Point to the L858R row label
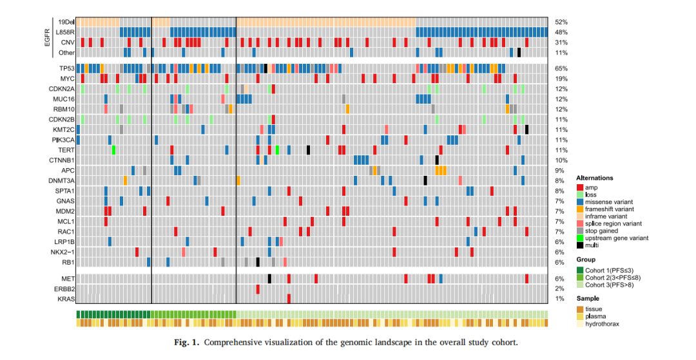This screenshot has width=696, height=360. coord(65,32)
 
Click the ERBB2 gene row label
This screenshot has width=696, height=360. coord(66,289)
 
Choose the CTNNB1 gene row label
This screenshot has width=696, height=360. coord(63,160)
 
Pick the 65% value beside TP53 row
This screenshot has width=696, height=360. coord(560,68)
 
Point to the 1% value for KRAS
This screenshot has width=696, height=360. coord(559,299)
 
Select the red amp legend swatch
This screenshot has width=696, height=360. coord(581,187)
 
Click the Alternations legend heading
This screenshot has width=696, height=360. coord(594,178)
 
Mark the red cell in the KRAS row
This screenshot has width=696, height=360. coord(289,299)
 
